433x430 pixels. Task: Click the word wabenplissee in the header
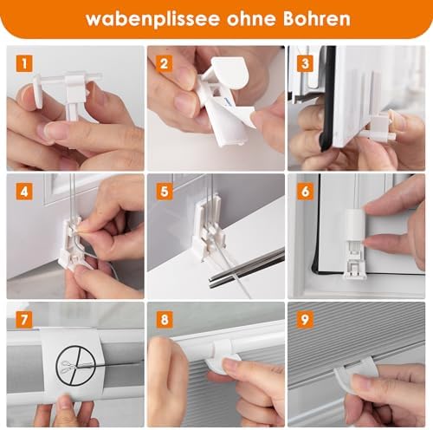(x=152, y=19)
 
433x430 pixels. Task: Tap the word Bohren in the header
(x=316, y=18)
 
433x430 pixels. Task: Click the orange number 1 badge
(x=24, y=63)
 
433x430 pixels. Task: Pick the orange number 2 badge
(x=165, y=63)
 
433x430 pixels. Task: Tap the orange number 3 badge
(x=305, y=63)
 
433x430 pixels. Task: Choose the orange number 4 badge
(x=24, y=192)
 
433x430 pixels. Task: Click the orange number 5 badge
(x=165, y=192)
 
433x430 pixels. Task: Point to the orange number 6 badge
(x=305, y=192)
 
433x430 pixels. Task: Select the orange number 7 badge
(x=24, y=320)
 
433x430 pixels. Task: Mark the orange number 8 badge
(x=165, y=320)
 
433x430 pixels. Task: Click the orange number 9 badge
(x=305, y=320)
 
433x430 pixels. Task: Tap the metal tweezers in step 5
(x=246, y=268)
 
